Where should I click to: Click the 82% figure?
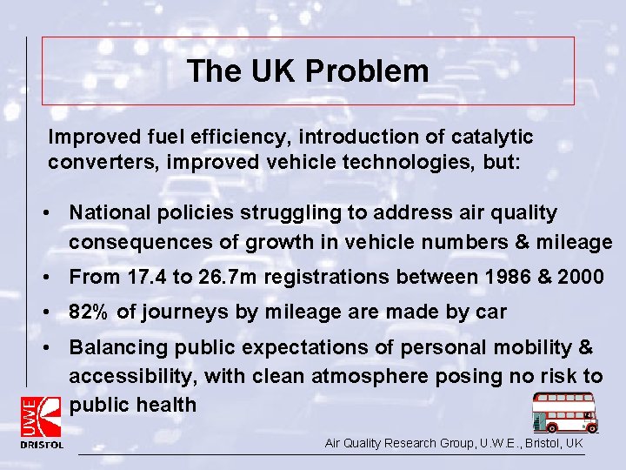click(90, 312)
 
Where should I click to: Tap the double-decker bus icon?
click(565, 412)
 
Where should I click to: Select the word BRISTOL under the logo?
click(42, 445)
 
